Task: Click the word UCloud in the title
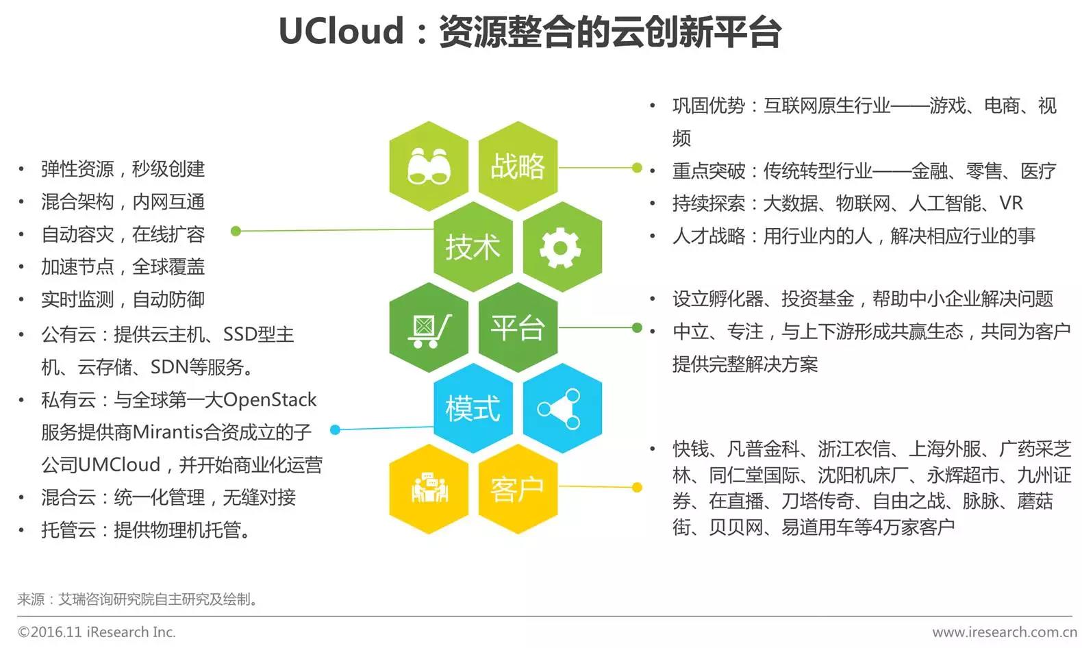pyautogui.click(x=341, y=32)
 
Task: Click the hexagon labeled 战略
pyautogui.click(x=518, y=166)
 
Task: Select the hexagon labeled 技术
pyautogui.click(x=473, y=247)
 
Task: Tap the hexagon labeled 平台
pyautogui.click(x=518, y=327)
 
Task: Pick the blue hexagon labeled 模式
pyautogui.click(x=473, y=408)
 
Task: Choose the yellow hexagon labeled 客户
pyautogui.click(x=518, y=489)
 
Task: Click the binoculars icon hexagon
pyautogui.click(x=429, y=166)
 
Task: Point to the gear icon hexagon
pyautogui.click(x=561, y=247)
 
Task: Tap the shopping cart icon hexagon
pyautogui.click(x=429, y=327)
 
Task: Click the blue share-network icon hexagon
pyautogui.click(x=561, y=408)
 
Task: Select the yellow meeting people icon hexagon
pyautogui.click(x=429, y=489)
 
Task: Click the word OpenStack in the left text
pyautogui.click(x=270, y=400)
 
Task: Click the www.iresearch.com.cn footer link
pyautogui.click(x=1004, y=632)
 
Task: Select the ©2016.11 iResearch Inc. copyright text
pyautogui.click(x=97, y=632)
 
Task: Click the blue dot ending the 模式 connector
pyautogui.click(x=335, y=430)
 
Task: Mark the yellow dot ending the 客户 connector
pyautogui.click(x=637, y=488)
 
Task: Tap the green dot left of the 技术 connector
pyautogui.click(x=236, y=231)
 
